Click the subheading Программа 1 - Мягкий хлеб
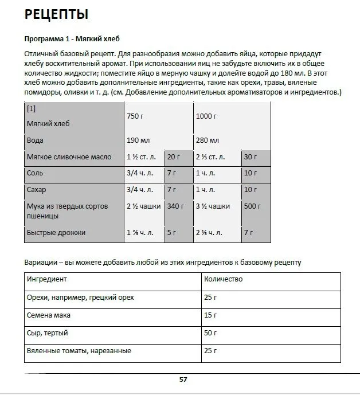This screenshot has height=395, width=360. (x=63, y=38)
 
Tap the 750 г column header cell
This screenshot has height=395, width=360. (x=135, y=116)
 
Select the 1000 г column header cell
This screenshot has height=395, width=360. (x=206, y=116)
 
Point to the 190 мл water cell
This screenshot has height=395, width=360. (x=138, y=140)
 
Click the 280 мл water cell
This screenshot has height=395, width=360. (x=208, y=140)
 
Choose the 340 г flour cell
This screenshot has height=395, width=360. (x=175, y=206)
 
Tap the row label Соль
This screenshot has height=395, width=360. (x=35, y=173)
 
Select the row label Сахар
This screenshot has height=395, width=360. (x=37, y=190)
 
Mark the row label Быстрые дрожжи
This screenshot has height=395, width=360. (x=56, y=233)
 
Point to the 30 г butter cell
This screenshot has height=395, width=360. (x=250, y=157)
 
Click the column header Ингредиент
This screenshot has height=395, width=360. (x=47, y=279)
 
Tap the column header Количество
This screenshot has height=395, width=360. (x=223, y=279)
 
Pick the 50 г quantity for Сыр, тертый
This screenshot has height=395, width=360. (x=210, y=333)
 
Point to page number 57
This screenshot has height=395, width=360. (x=183, y=379)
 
